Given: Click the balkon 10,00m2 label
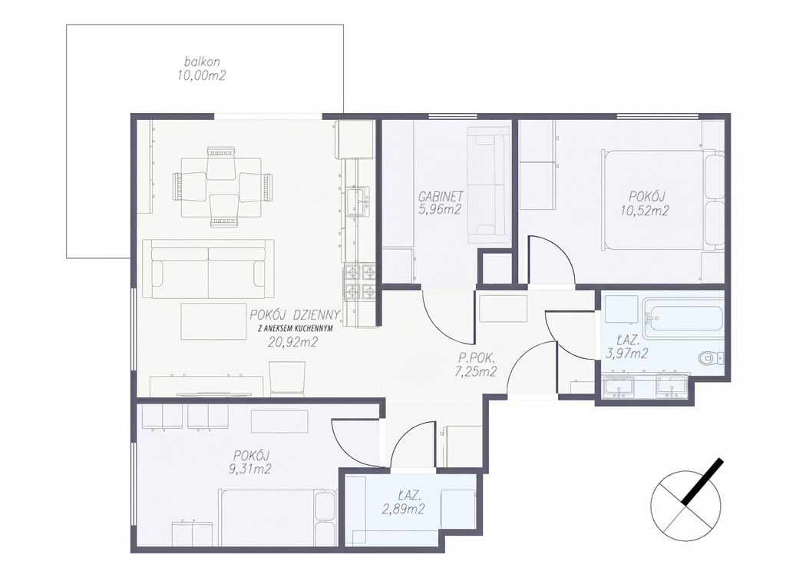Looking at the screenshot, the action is [201, 69].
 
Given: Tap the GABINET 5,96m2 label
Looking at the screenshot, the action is [440, 203].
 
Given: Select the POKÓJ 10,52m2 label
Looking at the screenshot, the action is [645, 204].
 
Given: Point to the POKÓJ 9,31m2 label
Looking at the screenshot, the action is [252, 462].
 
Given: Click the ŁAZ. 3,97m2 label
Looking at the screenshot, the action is [626, 347].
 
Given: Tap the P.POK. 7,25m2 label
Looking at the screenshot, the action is [476, 365].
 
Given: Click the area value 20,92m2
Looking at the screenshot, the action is [294, 343].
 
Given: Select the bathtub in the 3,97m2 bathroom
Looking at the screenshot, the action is [684, 318].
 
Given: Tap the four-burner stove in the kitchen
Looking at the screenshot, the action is [359, 281].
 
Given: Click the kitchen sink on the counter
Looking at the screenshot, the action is [358, 201].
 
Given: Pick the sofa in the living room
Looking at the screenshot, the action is [208, 269].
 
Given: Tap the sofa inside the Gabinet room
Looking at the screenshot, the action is [486, 184].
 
